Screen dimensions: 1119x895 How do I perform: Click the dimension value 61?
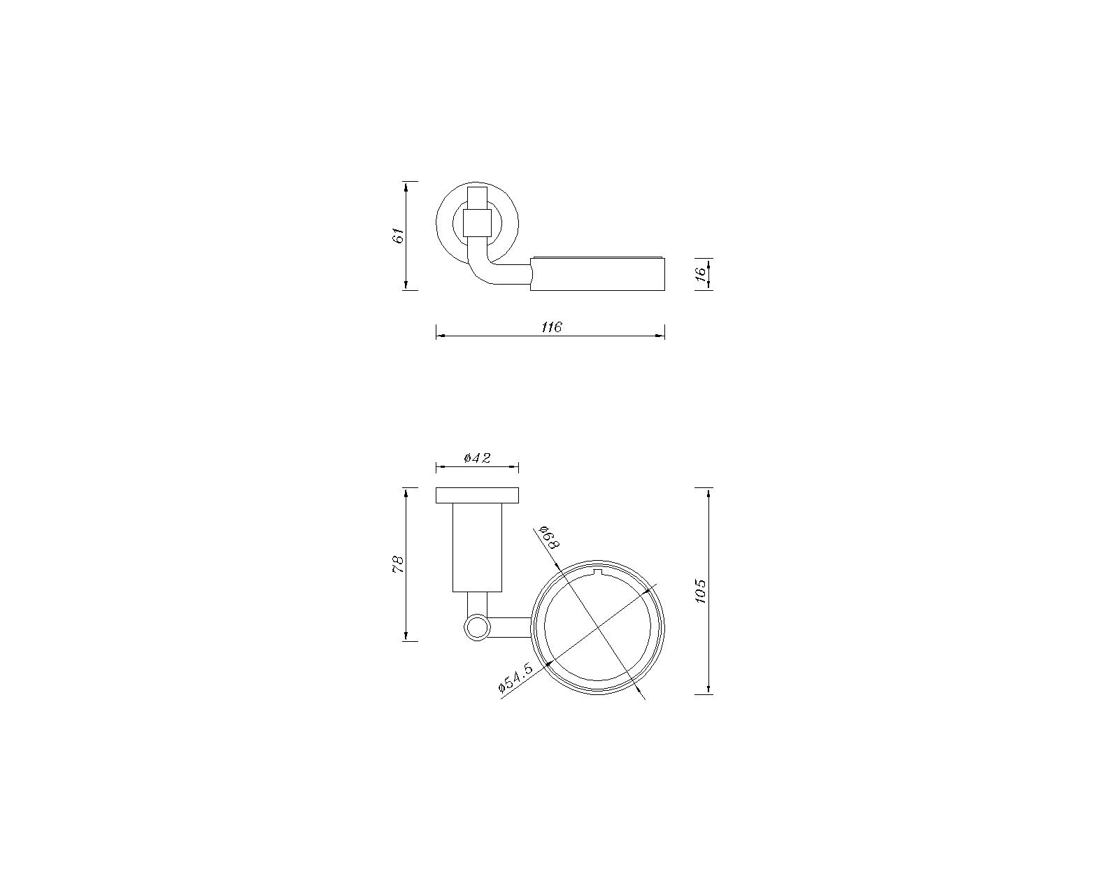[399, 236]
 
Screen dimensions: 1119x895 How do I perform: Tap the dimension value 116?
[552, 327]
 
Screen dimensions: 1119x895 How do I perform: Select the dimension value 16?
[701, 273]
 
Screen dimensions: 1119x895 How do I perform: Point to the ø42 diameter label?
[478, 458]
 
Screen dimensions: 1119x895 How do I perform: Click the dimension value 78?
[398, 564]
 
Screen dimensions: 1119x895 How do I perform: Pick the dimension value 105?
[700, 592]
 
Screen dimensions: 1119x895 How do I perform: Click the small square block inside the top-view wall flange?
[478, 222]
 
